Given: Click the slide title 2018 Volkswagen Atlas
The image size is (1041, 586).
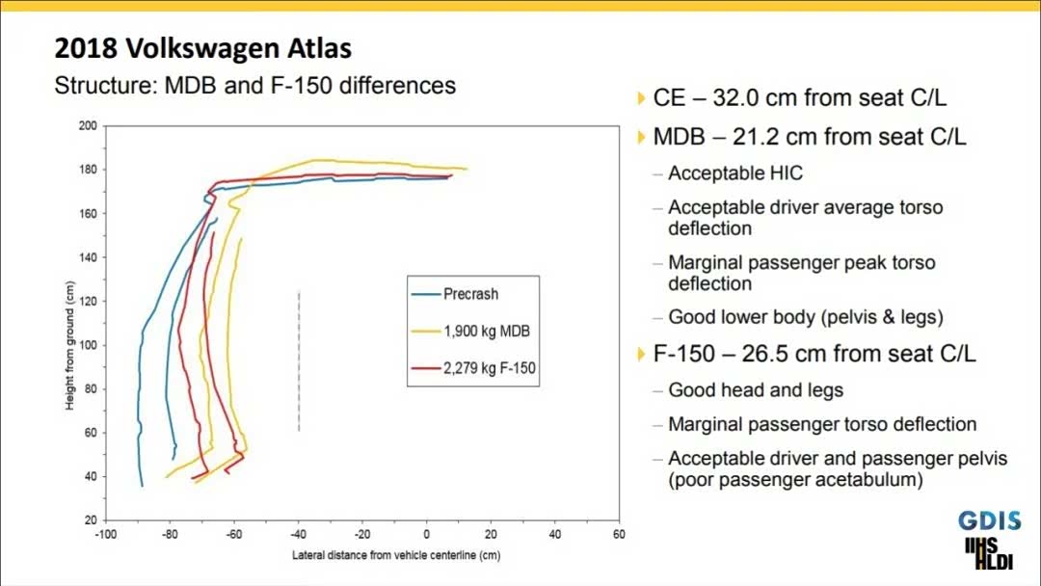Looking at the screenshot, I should (203, 48).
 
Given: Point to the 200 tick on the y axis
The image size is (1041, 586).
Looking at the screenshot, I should (88, 125).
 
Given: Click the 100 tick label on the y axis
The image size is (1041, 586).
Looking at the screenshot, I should (88, 345).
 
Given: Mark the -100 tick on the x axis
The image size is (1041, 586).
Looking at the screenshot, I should (105, 532).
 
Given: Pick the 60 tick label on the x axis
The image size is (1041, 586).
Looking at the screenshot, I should (619, 532).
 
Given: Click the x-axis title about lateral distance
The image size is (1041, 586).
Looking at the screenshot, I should (396, 555).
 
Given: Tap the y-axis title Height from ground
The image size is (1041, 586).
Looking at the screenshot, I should (70, 345).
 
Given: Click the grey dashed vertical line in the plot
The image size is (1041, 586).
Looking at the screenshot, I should (299, 360).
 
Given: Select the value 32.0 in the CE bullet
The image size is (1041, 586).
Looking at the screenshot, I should (750, 97).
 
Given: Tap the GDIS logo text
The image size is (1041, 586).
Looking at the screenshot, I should (989, 521).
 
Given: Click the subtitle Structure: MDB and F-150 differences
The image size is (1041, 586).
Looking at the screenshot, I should (255, 85).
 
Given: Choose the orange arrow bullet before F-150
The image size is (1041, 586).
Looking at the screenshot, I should (642, 354).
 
